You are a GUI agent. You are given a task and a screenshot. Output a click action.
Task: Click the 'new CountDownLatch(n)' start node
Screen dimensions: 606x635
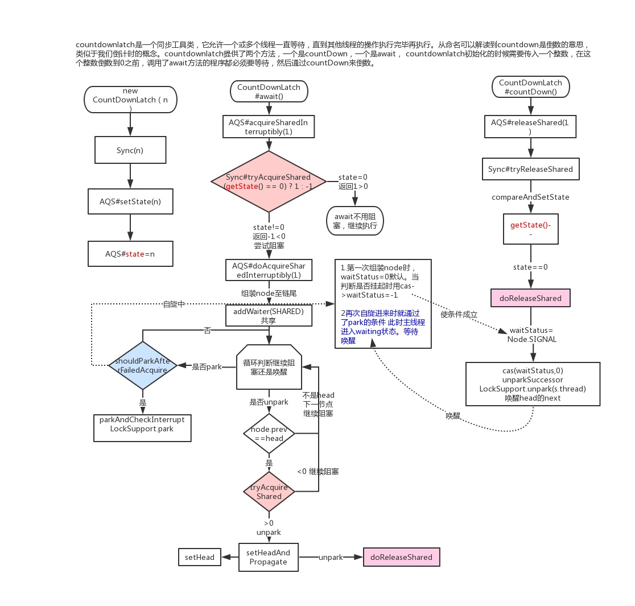131,99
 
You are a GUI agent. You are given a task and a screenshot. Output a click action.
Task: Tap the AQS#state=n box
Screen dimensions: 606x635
130,254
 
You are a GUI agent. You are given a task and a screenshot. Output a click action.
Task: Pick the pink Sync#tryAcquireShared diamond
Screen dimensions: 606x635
269,182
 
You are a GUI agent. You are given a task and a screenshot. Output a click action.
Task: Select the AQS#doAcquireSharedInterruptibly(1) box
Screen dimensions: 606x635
269,270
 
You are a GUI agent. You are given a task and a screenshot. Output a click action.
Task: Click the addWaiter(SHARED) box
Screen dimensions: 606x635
269,316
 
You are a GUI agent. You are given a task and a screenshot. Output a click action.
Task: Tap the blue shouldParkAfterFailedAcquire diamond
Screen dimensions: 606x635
142,365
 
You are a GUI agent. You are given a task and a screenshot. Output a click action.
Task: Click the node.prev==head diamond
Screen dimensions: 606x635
269,434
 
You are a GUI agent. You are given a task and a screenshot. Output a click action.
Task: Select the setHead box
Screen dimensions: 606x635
200,557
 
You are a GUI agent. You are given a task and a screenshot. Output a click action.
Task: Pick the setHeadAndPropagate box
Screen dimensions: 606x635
269,557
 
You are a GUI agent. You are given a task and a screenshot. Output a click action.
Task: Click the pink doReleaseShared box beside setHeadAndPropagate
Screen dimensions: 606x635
401,557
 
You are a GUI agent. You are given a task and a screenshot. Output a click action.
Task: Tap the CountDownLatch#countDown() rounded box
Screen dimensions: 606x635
530,87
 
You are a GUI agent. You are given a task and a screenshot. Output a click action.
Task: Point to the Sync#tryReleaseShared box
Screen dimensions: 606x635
530,169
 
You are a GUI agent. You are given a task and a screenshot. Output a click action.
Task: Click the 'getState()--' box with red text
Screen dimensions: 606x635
530,229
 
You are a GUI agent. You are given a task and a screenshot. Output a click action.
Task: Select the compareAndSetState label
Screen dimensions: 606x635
530,197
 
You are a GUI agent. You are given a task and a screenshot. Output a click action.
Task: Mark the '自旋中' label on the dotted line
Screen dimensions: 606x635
174,304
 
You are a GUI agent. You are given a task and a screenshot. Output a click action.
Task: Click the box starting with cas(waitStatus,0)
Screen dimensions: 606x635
533,384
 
